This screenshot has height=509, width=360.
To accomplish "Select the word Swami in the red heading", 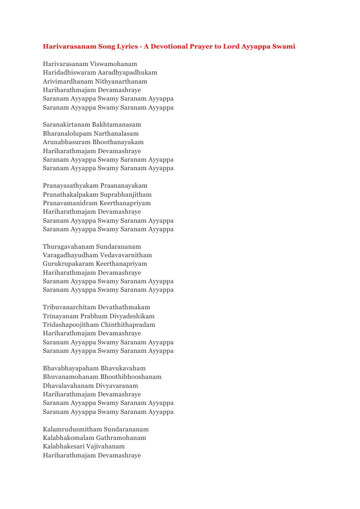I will (284, 47).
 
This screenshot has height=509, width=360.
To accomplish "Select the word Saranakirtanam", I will (67, 125).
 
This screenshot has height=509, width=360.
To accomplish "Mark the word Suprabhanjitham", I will (125, 194).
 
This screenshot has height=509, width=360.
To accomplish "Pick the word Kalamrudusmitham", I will (72, 429).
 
